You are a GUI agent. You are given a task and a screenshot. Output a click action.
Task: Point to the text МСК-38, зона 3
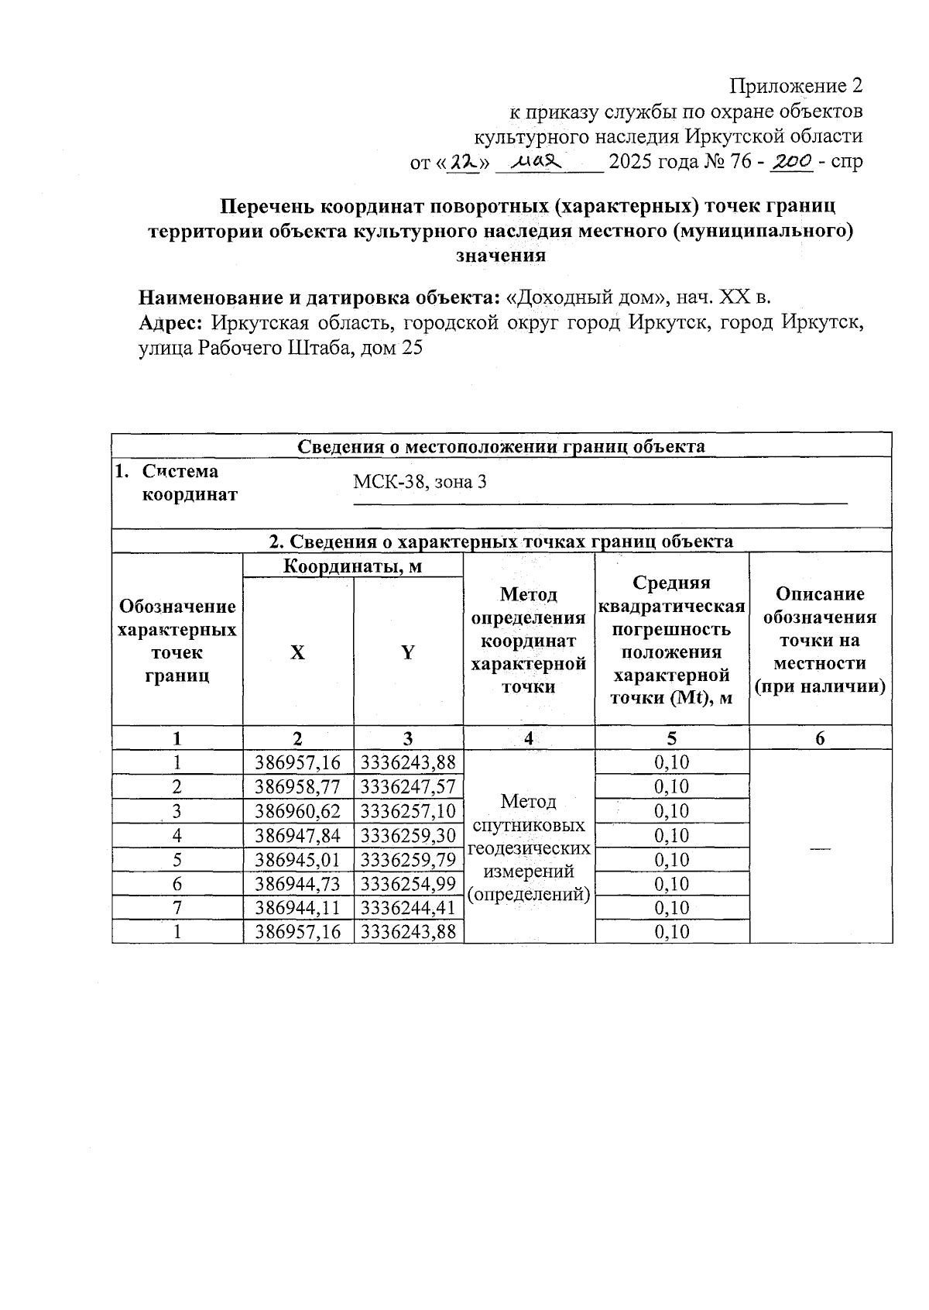(x=420, y=482)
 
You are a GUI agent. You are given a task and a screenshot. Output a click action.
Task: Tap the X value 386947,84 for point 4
(x=298, y=835)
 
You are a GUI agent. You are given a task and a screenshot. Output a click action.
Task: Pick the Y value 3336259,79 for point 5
(x=408, y=860)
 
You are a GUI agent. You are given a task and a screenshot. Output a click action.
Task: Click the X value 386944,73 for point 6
(x=298, y=884)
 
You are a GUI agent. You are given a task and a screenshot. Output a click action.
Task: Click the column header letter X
(x=298, y=652)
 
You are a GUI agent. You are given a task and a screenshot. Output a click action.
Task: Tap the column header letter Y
(x=408, y=652)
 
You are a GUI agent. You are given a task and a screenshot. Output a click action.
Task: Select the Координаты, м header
(x=352, y=566)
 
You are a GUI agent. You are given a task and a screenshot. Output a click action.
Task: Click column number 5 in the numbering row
(x=671, y=738)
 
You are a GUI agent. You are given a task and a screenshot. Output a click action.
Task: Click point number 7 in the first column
(x=177, y=908)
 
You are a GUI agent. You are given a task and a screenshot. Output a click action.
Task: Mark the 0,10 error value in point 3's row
(x=671, y=811)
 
